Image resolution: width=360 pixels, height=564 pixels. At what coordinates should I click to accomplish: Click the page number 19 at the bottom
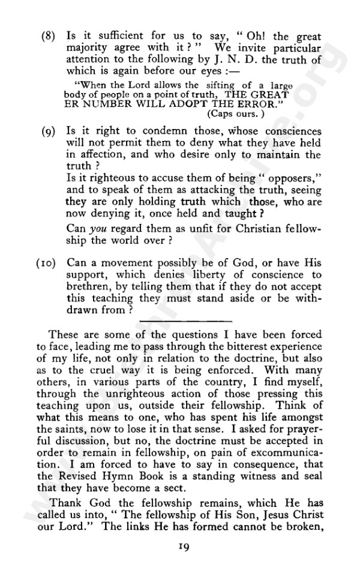(x=184, y=546)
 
